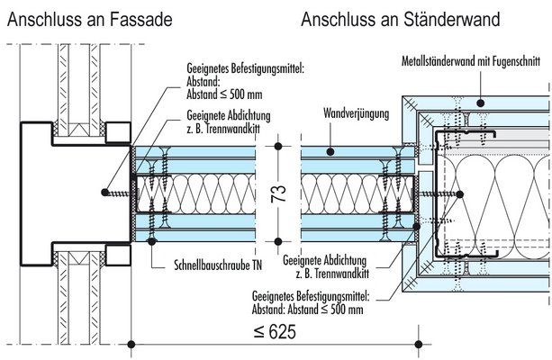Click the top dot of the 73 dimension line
(278, 145)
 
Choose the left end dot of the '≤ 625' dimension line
(133, 343)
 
